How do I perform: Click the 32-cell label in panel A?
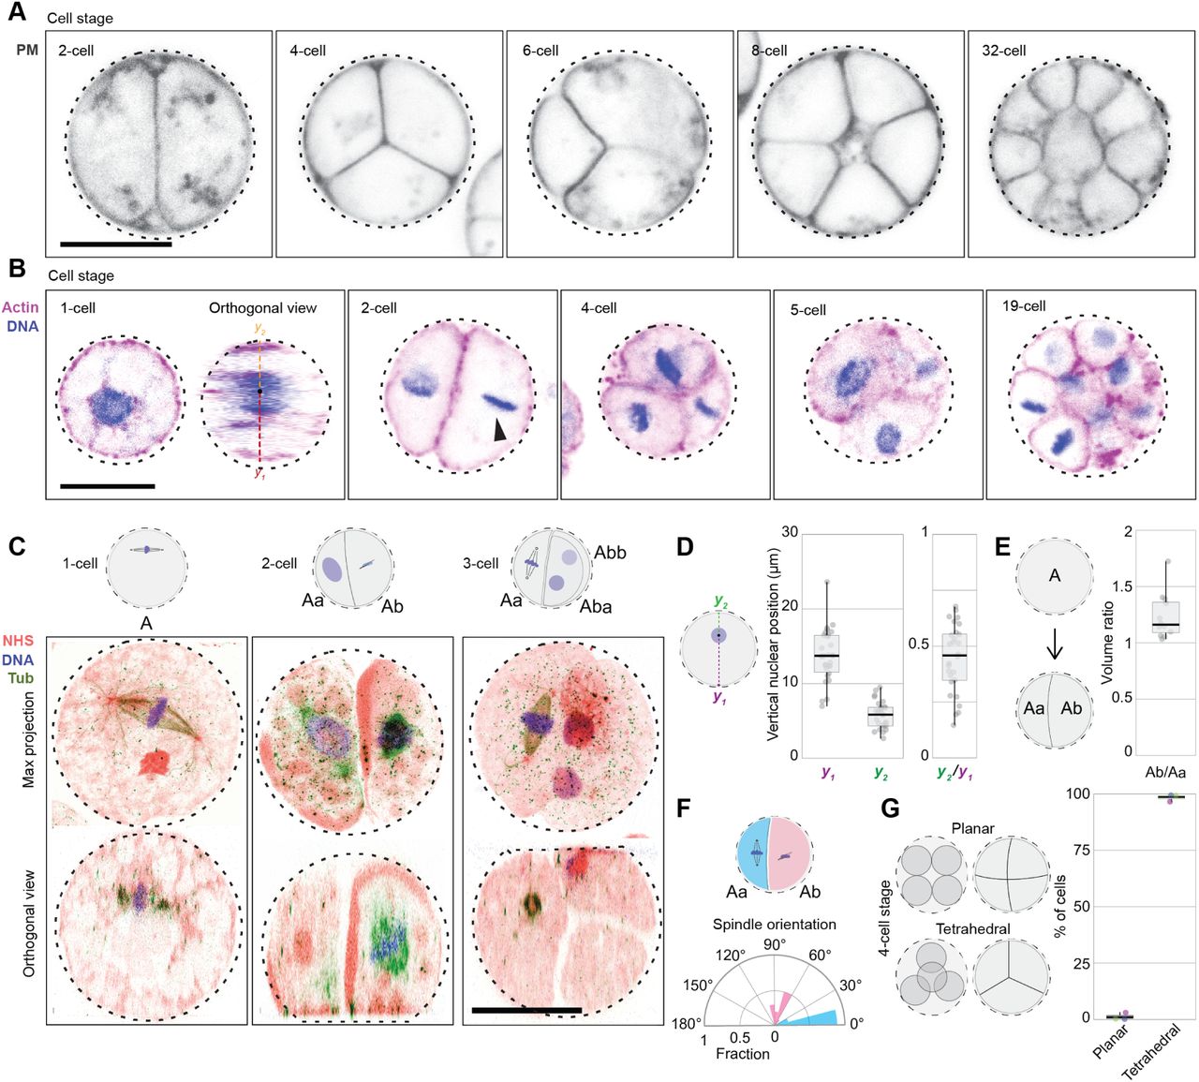[1003, 51]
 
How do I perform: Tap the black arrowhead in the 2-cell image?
[500, 428]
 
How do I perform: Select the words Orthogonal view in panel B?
[262, 308]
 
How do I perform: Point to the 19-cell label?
[1024, 306]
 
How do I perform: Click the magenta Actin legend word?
[21, 307]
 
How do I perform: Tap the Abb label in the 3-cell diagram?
[608, 553]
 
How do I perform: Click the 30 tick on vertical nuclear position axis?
[790, 533]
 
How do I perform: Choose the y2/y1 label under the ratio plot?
[955, 774]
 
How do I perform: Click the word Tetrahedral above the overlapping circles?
[971, 929]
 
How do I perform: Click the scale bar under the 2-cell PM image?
[115, 245]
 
